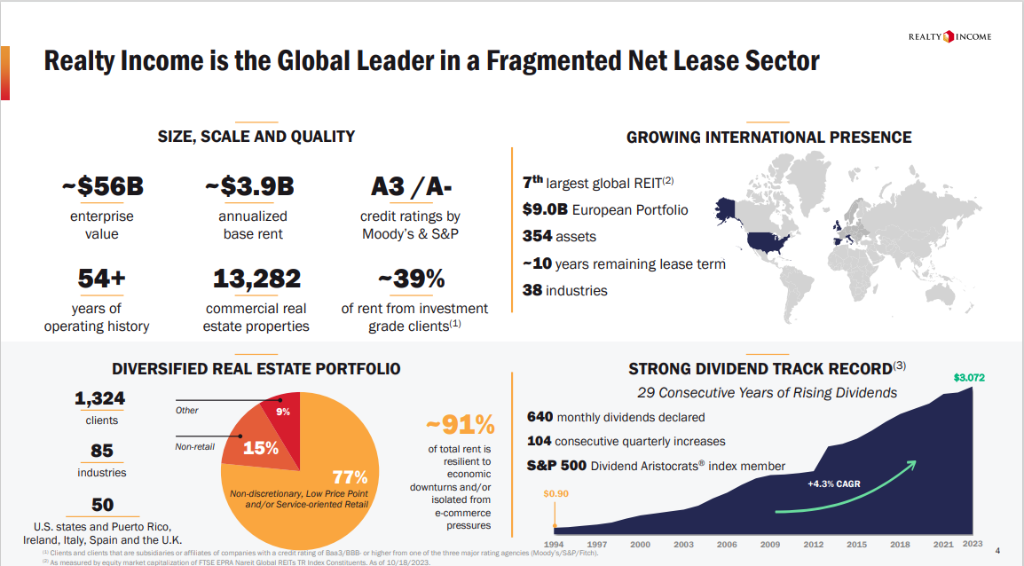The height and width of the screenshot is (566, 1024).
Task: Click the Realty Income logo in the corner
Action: pos(949,36)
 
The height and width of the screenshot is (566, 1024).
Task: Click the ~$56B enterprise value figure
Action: pos(103,187)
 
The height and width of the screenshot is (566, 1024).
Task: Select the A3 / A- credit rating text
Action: pos(411,187)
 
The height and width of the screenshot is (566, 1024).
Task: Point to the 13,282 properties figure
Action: pos(256,279)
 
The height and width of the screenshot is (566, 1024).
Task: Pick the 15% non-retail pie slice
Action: pos(259,447)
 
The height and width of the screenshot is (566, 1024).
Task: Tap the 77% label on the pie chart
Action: pos(349,477)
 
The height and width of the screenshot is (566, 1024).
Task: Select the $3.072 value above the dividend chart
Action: pos(969,378)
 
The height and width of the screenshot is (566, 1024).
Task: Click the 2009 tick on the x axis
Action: pos(770,544)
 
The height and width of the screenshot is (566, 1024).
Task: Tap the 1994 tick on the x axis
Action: pos(554,544)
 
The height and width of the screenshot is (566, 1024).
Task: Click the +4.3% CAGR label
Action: pos(833,484)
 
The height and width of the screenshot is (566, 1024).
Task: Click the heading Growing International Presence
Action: pos(768,137)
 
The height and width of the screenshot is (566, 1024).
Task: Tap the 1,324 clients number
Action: pos(99,399)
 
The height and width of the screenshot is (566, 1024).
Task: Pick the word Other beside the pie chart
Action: pos(187,410)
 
